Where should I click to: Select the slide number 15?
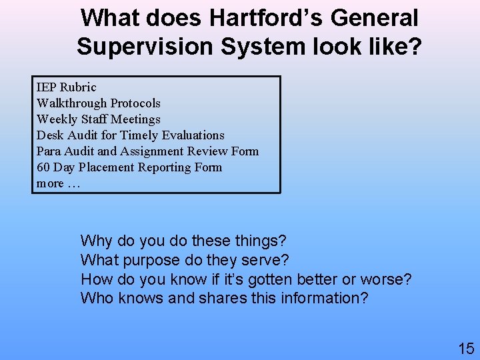[465, 347]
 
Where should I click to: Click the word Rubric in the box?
[77, 87]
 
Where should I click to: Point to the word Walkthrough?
[72, 103]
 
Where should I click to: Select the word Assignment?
[151, 151]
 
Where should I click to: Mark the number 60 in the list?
[43, 167]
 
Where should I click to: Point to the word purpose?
[155, 259]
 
